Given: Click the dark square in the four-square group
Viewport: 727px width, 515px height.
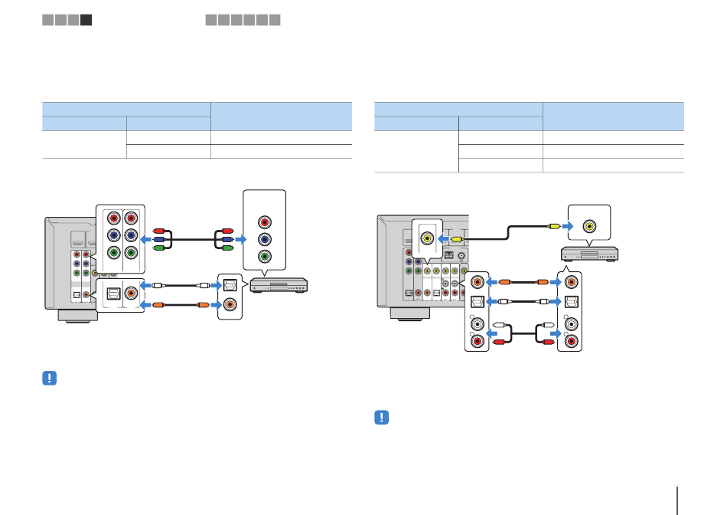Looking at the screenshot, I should click(x=86, y=20).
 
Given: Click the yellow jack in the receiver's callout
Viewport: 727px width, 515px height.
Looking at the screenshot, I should click(x=426, y=238).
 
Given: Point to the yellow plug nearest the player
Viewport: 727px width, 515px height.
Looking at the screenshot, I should click(x=553, y=226).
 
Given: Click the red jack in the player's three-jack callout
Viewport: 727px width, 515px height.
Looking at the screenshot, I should click(x=264, y=221).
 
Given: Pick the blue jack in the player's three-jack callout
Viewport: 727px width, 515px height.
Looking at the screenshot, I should click(x=264, y=239).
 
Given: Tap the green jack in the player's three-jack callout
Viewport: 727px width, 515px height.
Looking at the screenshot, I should click(x=264, y=257).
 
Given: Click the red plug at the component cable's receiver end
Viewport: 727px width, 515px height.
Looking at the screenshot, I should click(x=160, y=230).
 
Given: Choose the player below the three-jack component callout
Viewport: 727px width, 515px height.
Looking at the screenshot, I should click(x=282, y=284).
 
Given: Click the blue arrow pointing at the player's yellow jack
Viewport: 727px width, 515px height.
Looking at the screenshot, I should click(x=566, y=226).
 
